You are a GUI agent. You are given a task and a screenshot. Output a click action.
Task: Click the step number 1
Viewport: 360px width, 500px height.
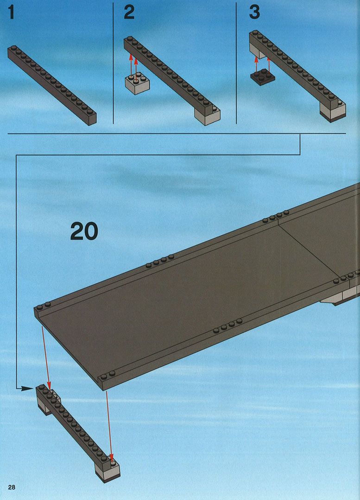click(12, 12)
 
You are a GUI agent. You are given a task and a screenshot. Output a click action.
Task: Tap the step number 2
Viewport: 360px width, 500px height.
click(129, 12)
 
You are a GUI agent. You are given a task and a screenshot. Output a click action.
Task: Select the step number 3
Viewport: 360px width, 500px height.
click(254, 12)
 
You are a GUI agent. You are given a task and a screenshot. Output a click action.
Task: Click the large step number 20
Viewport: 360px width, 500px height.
click(84, 231)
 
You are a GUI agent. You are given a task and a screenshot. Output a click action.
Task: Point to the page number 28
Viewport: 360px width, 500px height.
click(12, 487)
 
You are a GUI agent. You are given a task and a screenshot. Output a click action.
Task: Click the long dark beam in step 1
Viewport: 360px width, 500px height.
click(52, 85)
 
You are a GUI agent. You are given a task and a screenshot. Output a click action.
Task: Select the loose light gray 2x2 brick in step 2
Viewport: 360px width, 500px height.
click(137, 83)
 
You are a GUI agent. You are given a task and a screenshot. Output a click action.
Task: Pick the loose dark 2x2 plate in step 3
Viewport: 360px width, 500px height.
click(263, 77)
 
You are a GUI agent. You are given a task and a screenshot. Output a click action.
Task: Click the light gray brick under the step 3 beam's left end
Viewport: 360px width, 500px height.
click(258, 51)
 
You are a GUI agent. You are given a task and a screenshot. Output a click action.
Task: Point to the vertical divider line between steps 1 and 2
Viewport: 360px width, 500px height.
click(114, 63)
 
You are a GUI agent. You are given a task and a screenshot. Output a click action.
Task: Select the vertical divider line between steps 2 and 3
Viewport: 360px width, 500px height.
click(236, 63)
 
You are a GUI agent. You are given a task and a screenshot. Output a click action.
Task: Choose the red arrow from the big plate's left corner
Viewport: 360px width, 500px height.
click(46, 356)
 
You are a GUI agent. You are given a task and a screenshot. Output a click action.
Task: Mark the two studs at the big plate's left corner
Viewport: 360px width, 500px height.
click(44, 306)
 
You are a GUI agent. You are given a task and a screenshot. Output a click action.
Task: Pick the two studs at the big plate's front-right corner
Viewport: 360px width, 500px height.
click(107, 375)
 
